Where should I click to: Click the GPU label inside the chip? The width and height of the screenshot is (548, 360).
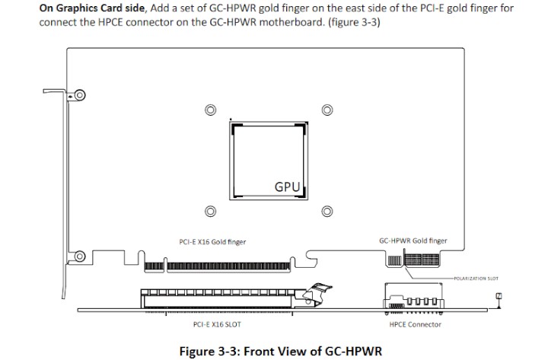click(288, 186)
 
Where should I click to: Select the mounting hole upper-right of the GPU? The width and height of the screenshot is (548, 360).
click(328, 110)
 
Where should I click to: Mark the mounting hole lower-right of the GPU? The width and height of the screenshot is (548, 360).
click(328, 212)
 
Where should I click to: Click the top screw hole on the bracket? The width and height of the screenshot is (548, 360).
click(79, 96)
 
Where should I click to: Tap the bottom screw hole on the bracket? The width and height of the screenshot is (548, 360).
click(79, 253)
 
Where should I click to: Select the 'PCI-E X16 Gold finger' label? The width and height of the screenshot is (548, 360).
click(212, 242)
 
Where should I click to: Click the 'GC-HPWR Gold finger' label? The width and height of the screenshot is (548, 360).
click(413, 241)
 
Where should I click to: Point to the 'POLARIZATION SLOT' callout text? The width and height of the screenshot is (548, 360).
click(476, 279)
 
